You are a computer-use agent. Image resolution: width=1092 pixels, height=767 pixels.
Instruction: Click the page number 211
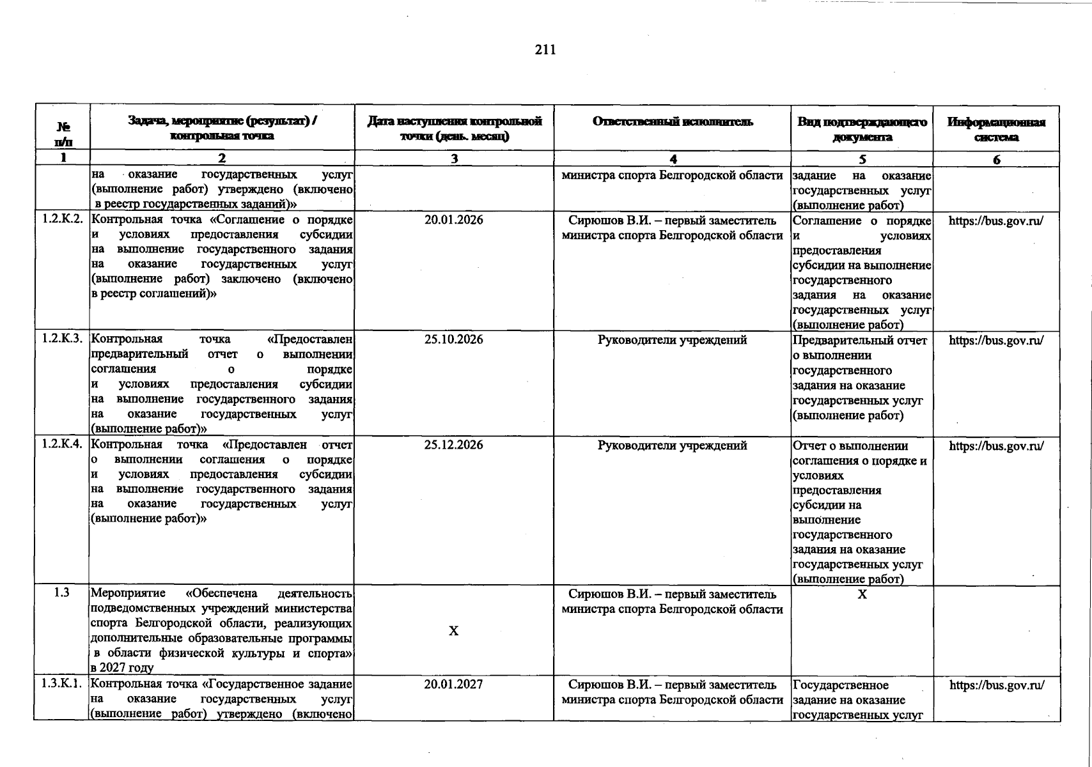(545, 50)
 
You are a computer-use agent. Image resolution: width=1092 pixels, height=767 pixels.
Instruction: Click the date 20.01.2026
(453, 220)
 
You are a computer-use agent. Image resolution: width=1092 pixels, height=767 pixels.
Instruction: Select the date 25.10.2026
(453, 339)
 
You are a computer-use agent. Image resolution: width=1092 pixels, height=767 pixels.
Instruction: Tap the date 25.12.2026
(453, 445)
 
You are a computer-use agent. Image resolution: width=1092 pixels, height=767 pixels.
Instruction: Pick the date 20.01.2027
(453, 684)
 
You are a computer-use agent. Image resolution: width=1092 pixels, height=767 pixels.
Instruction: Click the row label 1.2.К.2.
(62, 219)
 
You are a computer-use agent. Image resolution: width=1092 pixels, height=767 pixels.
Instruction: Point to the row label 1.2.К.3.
(62, 339)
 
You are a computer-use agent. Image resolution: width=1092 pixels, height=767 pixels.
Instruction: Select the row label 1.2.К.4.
(62, 444)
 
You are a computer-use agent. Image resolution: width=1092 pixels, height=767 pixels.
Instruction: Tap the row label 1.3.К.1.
(62, 683)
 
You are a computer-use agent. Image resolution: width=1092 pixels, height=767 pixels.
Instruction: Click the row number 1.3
(62, 593)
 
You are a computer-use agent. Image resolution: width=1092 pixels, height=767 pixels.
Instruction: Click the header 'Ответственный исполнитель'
(673, 121)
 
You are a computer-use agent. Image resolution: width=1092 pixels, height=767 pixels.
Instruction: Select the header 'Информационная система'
(996, 129)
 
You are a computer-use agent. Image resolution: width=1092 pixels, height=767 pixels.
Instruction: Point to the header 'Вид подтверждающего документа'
(862, 129)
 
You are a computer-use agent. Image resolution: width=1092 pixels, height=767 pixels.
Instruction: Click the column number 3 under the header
(454, 159)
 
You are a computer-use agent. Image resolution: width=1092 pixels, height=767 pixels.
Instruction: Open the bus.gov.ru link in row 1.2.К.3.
(996, 340)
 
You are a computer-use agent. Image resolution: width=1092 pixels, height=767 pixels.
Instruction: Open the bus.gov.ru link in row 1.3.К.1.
(997, 685)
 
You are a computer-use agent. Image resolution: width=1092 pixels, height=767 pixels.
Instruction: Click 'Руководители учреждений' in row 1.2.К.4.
(672, 445)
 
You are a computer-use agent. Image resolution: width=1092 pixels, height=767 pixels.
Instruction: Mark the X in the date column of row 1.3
(453, 631)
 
